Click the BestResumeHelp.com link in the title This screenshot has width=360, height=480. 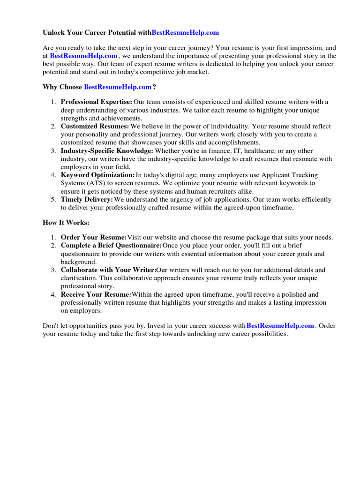[185, 33]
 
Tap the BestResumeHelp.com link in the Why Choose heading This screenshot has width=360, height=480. [118, 87]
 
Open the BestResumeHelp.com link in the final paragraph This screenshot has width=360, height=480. [280, 325]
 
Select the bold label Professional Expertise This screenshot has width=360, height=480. [97, 102]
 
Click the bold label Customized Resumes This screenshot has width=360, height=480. [95, 127]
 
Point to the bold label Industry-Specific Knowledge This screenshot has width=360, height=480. [107, 151]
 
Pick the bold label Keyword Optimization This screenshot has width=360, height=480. [97, 175]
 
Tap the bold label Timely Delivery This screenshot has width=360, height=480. [87, 200]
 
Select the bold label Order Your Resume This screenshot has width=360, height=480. [94, 237]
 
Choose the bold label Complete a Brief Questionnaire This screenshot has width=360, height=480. [112, 246]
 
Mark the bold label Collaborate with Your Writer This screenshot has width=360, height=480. [108, 270]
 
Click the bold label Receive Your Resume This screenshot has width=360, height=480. [96, 294]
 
